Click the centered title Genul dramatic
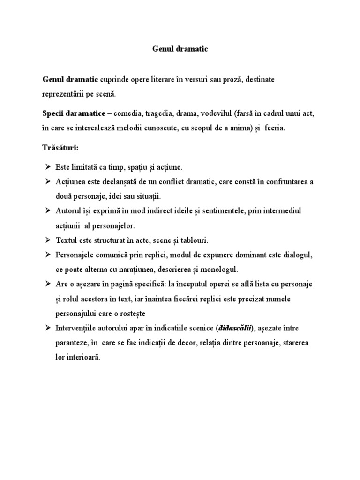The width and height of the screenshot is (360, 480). click(x=180, y=48)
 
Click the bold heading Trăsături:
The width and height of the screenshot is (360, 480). click(x=60, y=148)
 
